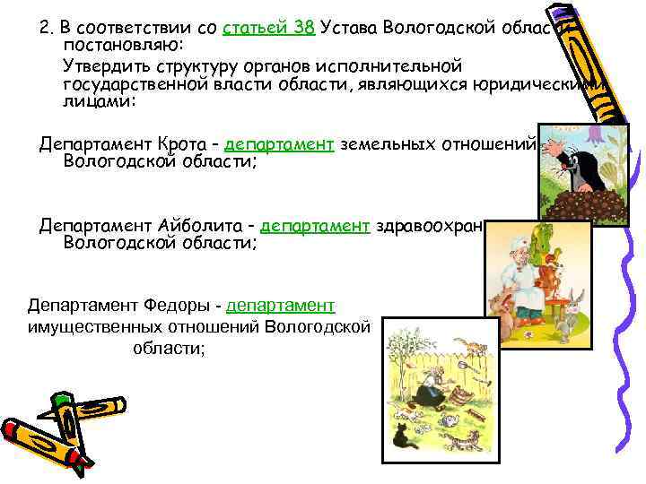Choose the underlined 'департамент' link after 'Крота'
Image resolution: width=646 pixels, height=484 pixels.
280,145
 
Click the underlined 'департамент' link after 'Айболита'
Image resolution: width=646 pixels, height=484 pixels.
316,226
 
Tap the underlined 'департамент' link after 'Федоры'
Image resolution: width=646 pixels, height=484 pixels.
282,306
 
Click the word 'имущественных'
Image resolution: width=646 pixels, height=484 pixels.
93,325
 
